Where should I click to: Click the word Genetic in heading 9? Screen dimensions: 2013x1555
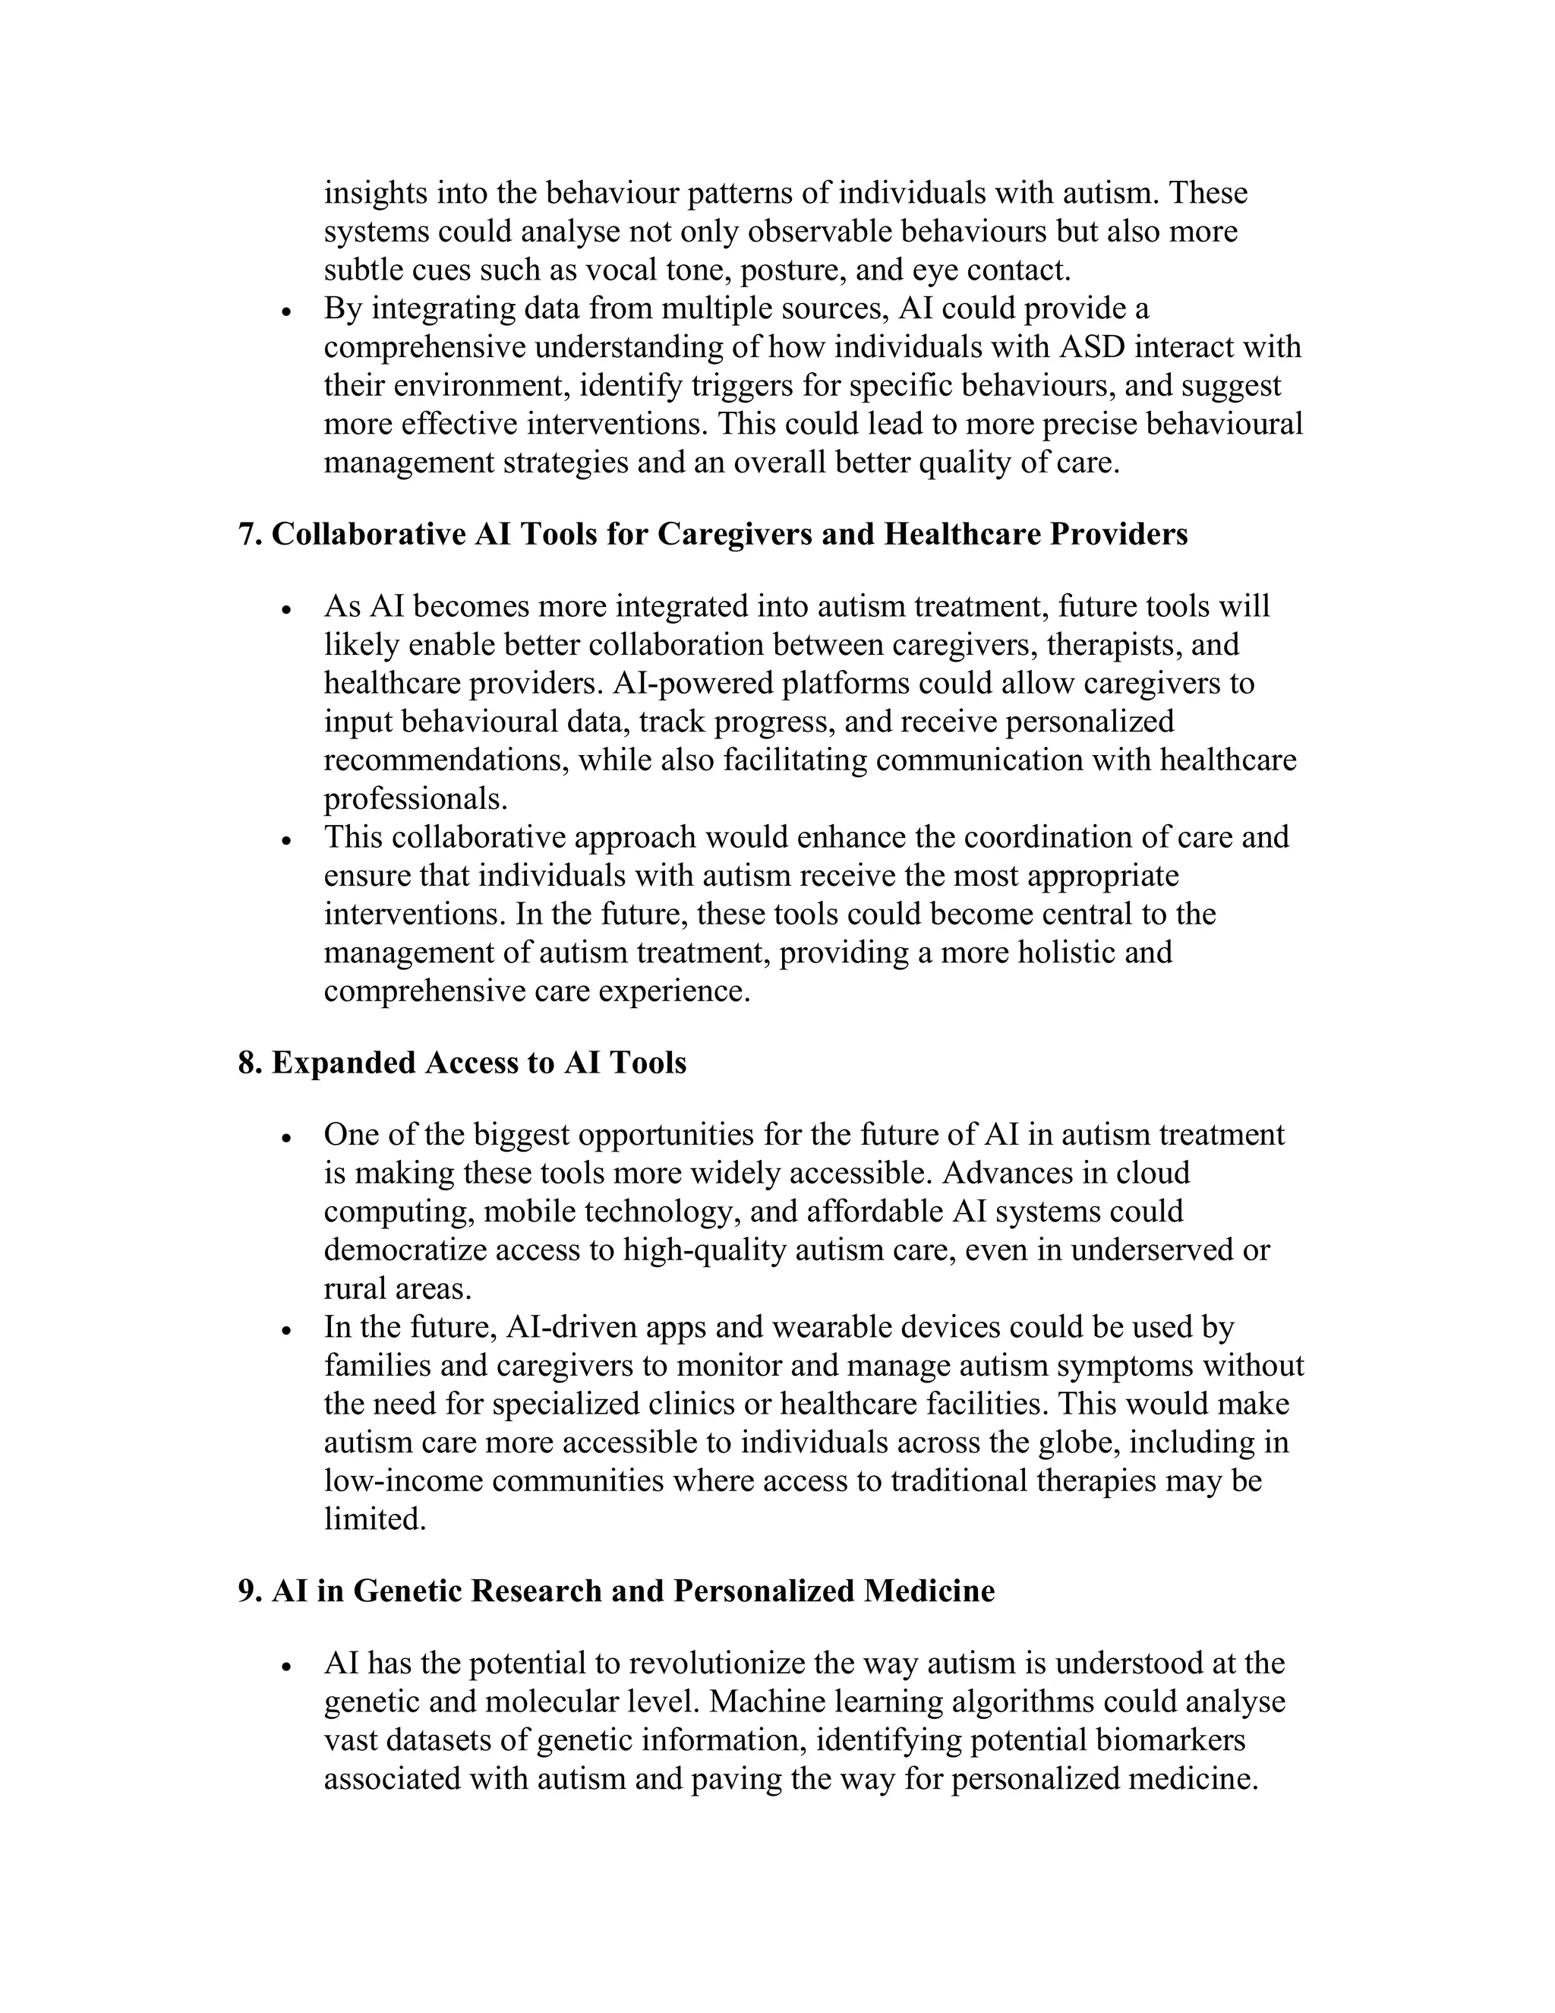[406, 1591]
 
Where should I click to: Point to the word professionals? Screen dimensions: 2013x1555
[415, 798]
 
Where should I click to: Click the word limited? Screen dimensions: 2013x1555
[374, 1519]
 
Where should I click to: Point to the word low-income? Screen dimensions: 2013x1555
[402, 1481]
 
